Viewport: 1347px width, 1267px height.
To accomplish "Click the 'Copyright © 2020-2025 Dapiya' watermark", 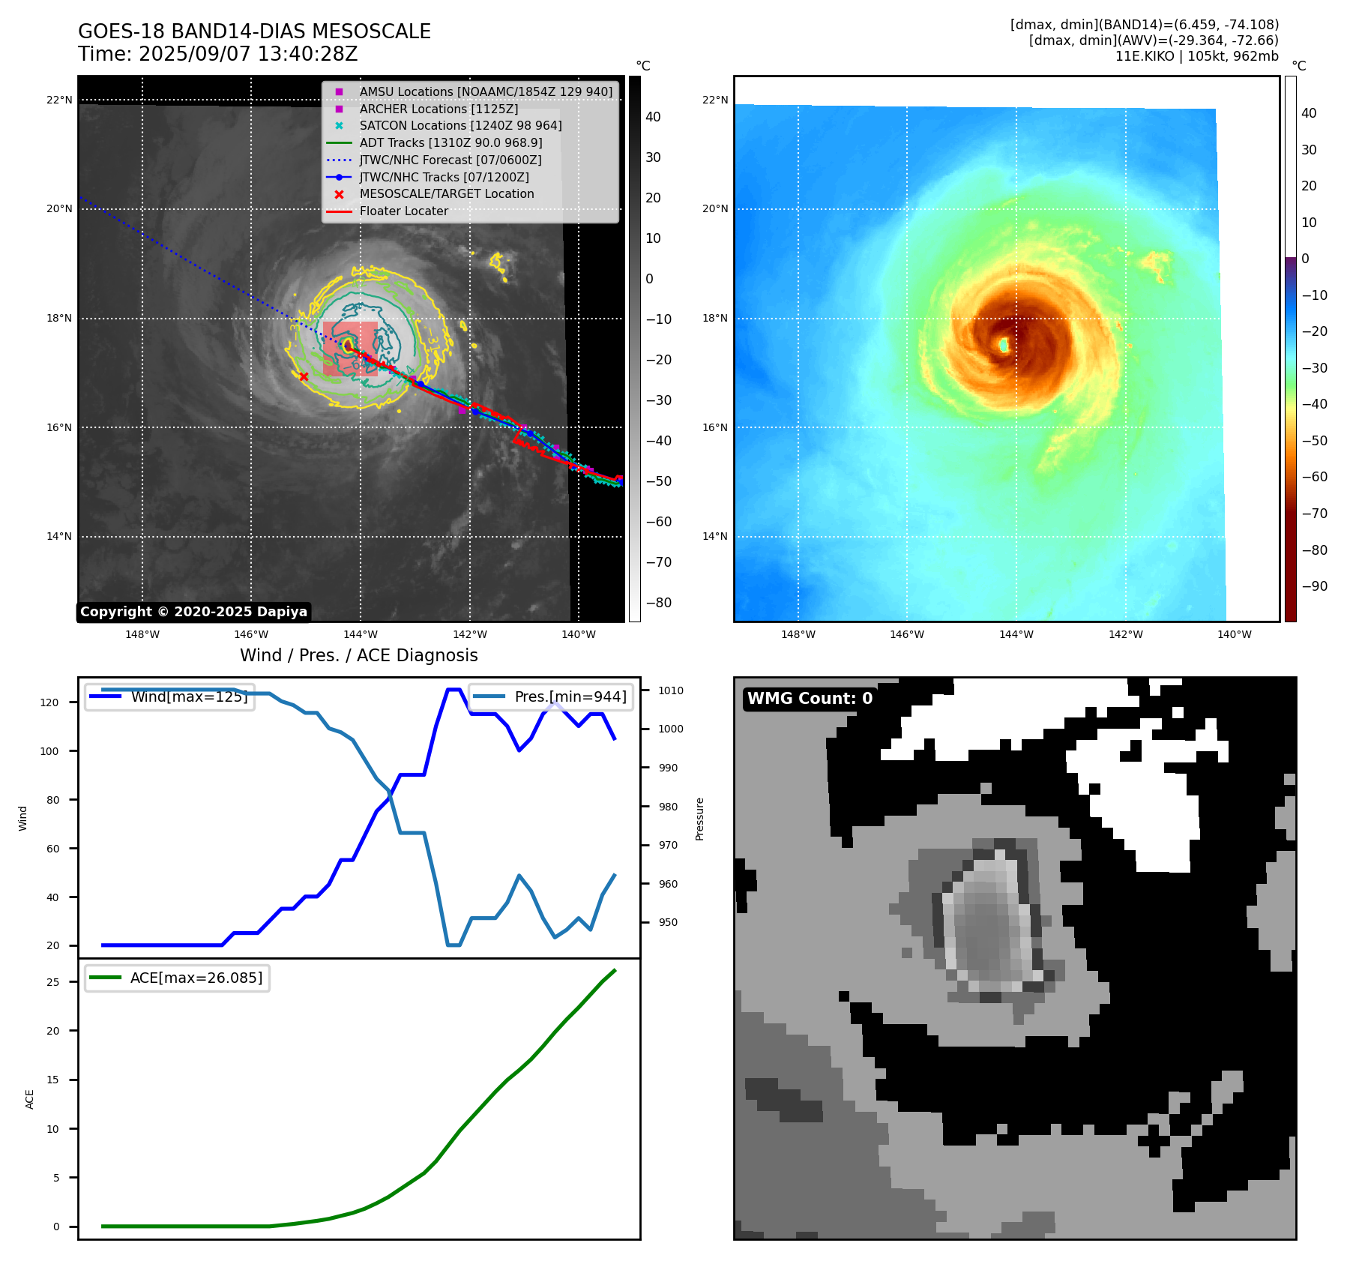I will [x=193, y=612].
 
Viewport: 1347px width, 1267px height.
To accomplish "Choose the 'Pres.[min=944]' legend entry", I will [x=570, y=696].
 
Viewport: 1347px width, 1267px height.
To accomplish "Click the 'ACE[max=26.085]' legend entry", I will [x=196, y=978].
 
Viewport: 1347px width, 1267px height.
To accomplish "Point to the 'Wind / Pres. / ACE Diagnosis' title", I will [x=358, y=655].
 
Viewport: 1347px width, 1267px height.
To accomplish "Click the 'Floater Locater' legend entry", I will [x=403, y=211].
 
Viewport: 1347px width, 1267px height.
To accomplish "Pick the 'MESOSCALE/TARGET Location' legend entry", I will [x=446, y=193].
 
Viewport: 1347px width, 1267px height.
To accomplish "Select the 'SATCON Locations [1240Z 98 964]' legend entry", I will [x=460, y=125].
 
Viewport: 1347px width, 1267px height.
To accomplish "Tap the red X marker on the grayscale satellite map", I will [x=304, y=376].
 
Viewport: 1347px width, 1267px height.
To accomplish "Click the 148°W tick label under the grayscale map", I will [x=142, y=634].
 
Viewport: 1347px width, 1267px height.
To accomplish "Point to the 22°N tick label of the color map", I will [x=714, y=100].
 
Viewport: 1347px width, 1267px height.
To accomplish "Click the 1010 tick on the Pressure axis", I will [x=671, y=690].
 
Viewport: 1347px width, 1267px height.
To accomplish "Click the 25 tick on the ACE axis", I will [x=52, y=982].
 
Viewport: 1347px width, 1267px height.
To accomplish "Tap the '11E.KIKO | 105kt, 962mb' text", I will [x=1196, y=56].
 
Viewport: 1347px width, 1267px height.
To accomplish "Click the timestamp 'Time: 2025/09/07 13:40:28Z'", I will [x=217, y=54].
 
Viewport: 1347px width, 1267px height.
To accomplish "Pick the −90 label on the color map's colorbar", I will [x=1314, y=586].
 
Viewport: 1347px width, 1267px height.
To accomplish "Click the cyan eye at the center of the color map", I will [x=1004, y=345].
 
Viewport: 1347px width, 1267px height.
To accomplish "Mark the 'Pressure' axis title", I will [x=699, y=819].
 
